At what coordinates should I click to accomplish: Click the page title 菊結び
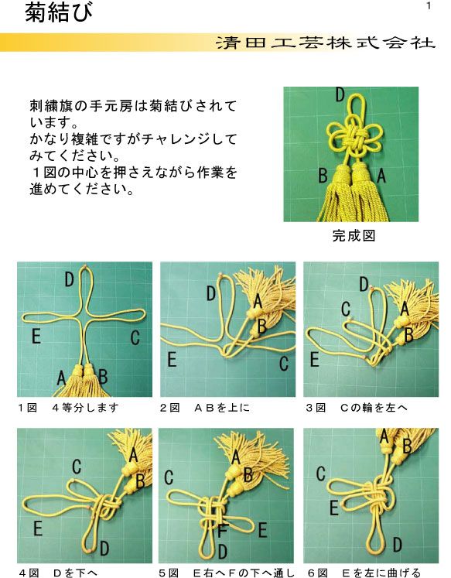point(60,13)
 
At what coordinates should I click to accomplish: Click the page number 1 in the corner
point(427,7)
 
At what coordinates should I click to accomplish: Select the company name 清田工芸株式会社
point(326,43)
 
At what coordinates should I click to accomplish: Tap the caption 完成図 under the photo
point(354,236)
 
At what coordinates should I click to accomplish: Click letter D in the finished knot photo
point(340,95)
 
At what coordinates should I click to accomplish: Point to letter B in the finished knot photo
point(323,175)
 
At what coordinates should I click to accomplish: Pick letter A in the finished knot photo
point(381,176)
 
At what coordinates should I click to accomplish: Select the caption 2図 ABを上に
point(204,406)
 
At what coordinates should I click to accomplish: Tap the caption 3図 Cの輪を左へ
point(357,406)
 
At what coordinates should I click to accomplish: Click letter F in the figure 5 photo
point(222,532)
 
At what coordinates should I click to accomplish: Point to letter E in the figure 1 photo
point(36,337)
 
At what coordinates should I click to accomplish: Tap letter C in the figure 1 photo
point(135,337)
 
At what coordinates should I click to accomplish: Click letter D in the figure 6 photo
point(397,545)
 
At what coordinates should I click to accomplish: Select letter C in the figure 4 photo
point(77,467)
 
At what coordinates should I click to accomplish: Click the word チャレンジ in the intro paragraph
point(183,139)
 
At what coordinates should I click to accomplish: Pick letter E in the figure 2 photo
point(172,360)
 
